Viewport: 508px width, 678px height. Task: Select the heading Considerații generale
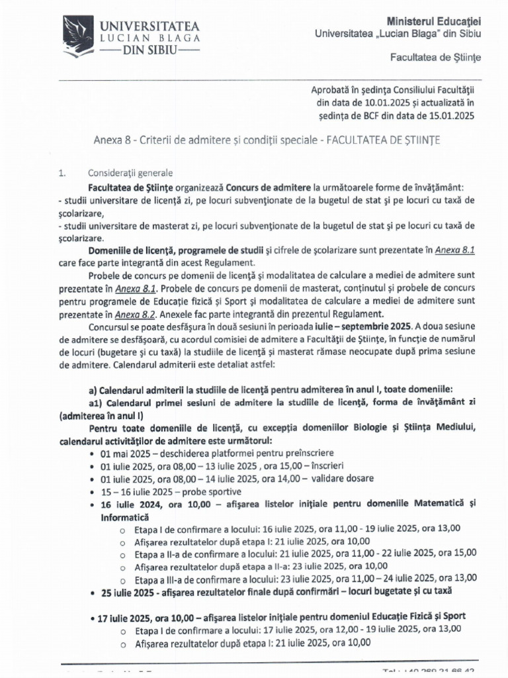pos(120,173)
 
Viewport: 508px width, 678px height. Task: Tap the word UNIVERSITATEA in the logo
pos(149,26)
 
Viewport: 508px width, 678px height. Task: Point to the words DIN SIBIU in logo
pos(151,52)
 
